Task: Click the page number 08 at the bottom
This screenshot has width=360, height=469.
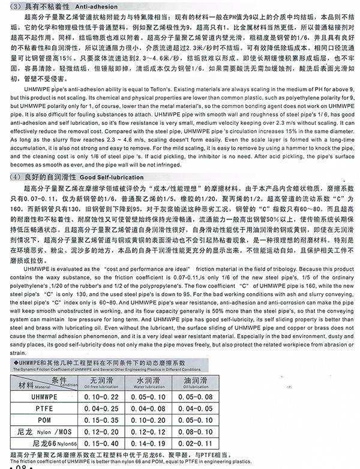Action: pyautogui.click(x=20, y=465)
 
